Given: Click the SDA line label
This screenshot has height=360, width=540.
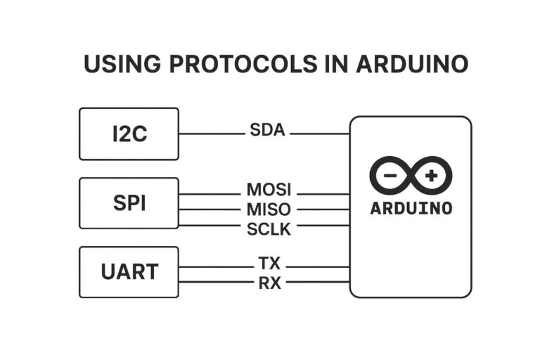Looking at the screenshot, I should click(267, 130).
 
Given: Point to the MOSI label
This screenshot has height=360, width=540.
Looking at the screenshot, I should click(269, 191).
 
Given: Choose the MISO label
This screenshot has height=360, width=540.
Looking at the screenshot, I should click(269, 210).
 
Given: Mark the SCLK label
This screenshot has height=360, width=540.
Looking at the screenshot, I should click(269, 229).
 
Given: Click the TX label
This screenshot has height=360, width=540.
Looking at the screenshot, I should click(269, 264).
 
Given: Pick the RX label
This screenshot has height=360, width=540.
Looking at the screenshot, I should click(269, 283).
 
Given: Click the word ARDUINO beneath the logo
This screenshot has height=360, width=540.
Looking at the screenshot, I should click(411, 209).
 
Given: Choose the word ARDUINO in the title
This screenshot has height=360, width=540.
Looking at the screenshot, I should click(412, 64).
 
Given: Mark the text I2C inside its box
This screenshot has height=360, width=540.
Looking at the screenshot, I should click(129, 134).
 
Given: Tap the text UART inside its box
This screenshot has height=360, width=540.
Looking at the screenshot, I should click(129, 271).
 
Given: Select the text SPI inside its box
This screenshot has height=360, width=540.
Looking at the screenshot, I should click(129, 203).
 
